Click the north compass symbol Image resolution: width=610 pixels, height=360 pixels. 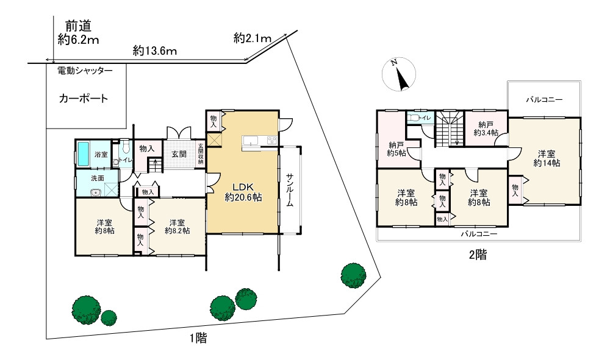399,74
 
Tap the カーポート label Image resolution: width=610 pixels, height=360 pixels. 83,98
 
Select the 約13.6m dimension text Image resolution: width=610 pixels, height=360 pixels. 154,51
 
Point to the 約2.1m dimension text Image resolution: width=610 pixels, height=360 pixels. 252,38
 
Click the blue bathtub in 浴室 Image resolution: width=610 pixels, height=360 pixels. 83,155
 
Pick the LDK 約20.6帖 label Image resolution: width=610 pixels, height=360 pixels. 243,192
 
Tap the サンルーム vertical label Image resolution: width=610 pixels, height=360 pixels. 290,190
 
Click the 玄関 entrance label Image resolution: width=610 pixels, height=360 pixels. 179,154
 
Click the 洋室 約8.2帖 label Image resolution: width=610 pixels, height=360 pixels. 177,227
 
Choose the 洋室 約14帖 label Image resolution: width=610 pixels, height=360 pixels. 547,158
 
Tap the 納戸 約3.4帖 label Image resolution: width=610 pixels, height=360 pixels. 486,129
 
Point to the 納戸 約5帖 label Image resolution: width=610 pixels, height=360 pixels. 396,149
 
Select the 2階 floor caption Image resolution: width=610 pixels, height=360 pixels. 478,255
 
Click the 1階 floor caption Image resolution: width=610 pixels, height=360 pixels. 198,339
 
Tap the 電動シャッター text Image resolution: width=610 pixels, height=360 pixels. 85,71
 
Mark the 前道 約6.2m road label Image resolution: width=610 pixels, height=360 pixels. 78,33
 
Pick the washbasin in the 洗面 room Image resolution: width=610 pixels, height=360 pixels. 95,192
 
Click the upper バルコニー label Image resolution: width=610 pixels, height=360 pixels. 544,100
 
